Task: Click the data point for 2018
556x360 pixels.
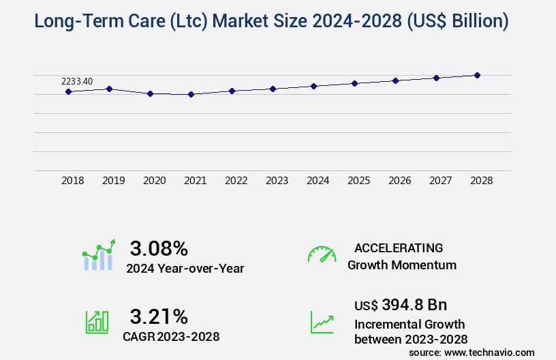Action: [69, 91]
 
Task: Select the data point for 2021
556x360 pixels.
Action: [191, 94]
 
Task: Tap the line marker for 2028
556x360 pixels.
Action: [477, 75]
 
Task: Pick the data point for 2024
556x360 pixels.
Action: [313, 86]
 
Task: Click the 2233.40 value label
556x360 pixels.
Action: [77, 82]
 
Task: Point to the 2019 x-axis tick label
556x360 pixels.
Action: [113, 181]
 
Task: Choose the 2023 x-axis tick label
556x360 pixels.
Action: [277, 181]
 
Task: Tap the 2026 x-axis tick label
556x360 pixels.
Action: [399, 181]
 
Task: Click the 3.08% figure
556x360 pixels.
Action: [159, 248]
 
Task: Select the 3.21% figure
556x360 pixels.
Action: [159, 316]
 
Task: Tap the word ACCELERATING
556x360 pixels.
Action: [399, 248]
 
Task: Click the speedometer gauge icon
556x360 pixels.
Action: [322, 254]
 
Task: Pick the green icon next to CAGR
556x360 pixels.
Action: [97, 322]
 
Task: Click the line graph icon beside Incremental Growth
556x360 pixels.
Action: [322, 322]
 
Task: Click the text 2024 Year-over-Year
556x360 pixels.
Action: [185, 269]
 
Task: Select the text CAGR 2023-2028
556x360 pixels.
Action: [171, 336]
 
